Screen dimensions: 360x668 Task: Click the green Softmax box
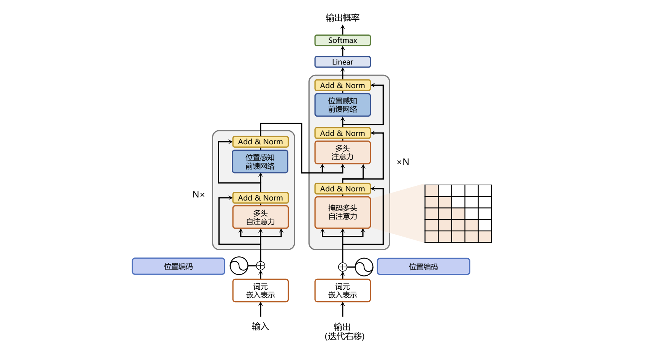(x=342, y=40)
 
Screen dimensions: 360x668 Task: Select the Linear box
(x=342, y=62)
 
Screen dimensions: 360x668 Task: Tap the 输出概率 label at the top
(x=342, y=17)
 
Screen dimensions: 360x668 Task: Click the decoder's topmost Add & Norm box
(x=342, y=85)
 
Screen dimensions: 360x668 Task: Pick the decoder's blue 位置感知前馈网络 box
(x=342, y=105)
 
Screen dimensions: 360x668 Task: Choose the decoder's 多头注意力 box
(x=342, y=152)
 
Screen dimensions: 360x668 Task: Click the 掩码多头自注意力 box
(x=342, y=212)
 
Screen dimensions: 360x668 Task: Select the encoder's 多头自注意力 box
(x=260, y=217)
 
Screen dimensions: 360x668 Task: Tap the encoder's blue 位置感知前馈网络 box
(x=260, y=161)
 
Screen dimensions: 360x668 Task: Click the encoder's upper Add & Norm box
(x=260, y=142)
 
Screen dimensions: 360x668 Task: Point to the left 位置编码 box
(x=178, y=266)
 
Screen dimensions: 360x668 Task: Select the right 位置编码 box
(x=423, y=267)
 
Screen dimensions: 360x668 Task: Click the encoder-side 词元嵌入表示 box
(x=260, y=291)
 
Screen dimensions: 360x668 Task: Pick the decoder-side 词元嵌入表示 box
(x=342, y=291)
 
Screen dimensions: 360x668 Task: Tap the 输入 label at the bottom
(x=260, y=326)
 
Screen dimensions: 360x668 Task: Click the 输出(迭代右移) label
(x=344, y=331)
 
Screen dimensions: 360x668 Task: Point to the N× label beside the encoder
(x=198, y=194)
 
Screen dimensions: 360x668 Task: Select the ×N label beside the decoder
(x=403, y=162)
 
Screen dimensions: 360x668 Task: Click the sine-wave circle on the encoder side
(x=239, y=266)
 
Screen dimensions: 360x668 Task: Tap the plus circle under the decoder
(x=342, y=267)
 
